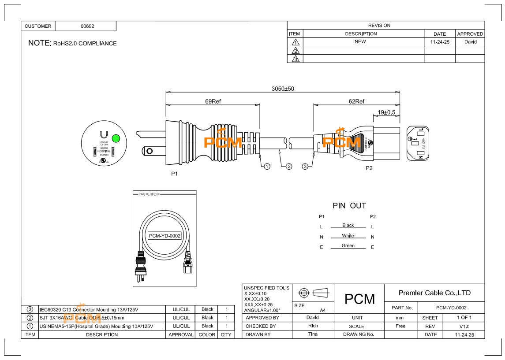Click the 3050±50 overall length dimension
tap(283, 89)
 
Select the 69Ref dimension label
tap(213, 101)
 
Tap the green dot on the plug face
tap(116, 138)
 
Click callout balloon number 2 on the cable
tap(289, 166)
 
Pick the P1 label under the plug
tap(175, 174)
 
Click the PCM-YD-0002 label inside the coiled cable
tap(165, 236)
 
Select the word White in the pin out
tap(348, 236)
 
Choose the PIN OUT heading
tap(349, 206)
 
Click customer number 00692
tap(87, 26)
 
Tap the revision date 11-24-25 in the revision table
tap(439, 42)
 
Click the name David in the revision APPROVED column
tap(470, 42)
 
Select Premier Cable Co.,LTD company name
tap(434, 293)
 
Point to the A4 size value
tap(323, 310)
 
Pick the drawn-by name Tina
tap(313, 334)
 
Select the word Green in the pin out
tap(348, 246)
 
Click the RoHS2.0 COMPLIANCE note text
tap(85, 44)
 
